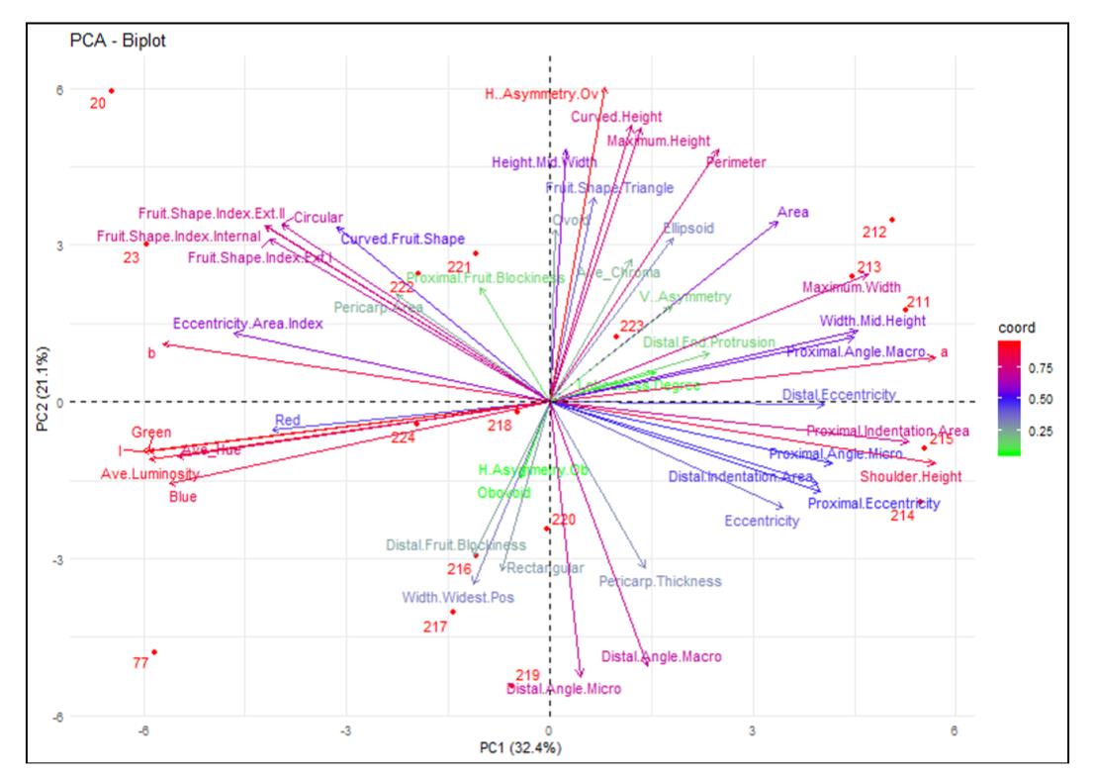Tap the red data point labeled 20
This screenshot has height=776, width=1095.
pyautogui.click(x=112, y=91)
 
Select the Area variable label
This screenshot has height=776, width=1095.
pyautogui.click(x=793, y=212)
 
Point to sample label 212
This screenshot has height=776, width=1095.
pyautogui.click(x=874, y=234)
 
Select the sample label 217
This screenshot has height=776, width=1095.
pyautogui.click(x=435, y=627)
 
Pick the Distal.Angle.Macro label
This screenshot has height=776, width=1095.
pyautogui.click(x=661, y=656)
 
